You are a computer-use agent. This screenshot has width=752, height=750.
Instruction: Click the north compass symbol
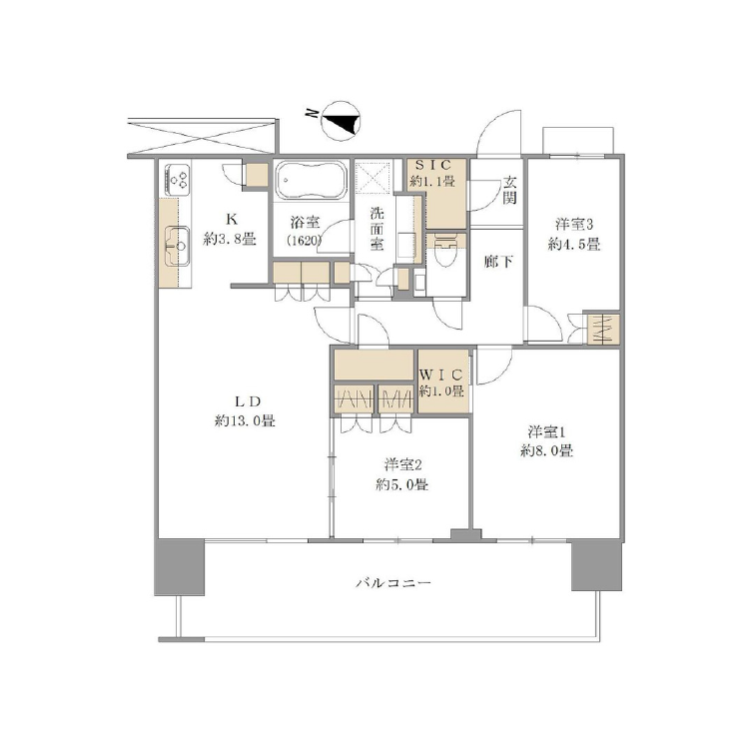pyautogui.click(x=341, y=121)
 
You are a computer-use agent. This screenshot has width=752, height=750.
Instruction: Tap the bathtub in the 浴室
pyautogui.click(x=311, y=180)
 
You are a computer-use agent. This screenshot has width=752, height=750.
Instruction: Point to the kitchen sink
pyautogui.click(x=177, y=246)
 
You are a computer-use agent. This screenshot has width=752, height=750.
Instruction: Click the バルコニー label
pyautogui.click(x=393, y=582)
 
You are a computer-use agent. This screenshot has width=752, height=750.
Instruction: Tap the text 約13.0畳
pyautogui.click(x=245, y=421)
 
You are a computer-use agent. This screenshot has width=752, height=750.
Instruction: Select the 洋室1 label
pyautogui.click(x=547, y=431)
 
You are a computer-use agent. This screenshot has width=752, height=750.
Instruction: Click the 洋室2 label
pyautogui.click(x=402, y=464)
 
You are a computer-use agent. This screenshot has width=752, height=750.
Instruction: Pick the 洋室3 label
pyautogui.click(x=574, y=224)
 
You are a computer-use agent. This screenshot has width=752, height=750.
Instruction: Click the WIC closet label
pyautogui.click(x=441, y=374)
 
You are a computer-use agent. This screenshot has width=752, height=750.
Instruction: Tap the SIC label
pyautogui.click(x=433, y=165)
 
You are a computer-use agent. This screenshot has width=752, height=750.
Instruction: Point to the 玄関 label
pyautogui.click(x=509, y=190)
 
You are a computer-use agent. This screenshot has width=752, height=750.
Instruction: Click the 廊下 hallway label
pyautogui.click(x=498, y=262)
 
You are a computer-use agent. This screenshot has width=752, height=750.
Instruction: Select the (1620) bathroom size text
pyautogui.click(x=304, y=241)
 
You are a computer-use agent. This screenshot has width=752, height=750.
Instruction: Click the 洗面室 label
pyautogui.click(x=376, y=229)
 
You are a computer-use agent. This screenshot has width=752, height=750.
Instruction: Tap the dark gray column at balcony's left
pyautogui.click(x=180, y=567)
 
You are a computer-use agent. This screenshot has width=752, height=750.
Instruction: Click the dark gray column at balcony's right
pyautogui.click(x=596, y=565)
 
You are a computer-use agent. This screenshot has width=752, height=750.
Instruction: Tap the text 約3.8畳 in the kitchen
pyautogui.click(x=230, y=239)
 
